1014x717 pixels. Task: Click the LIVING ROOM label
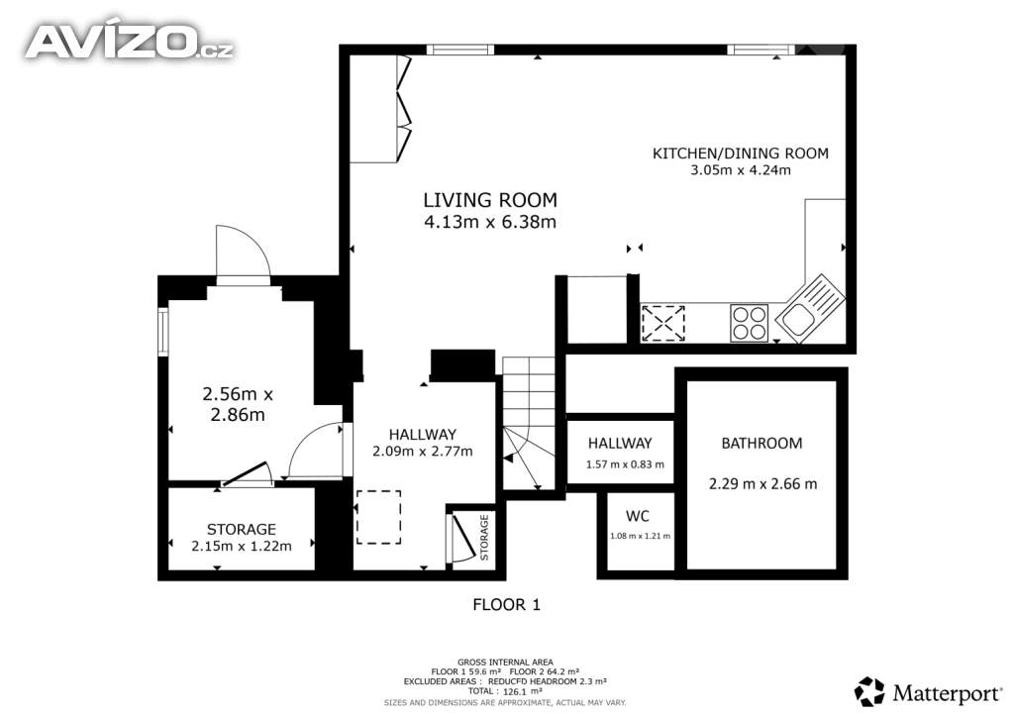point(489,200)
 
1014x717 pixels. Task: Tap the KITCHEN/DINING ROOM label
point(741,154)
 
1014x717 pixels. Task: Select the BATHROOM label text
point(761,444)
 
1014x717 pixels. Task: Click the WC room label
point(638,516)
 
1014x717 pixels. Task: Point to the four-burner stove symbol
point(749,323)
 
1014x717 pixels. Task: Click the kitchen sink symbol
point(810,306)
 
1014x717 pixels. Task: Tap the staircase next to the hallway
point(529,424)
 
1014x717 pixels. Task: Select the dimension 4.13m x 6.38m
point(489,223)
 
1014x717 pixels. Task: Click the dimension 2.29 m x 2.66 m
point(763,483)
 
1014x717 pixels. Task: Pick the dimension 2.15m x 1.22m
point(242,547)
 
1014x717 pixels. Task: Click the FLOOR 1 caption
point(506,605)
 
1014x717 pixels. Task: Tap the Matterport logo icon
point(869,692)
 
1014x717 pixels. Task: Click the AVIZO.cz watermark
point(130,42)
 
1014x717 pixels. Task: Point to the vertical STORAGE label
point(484,537)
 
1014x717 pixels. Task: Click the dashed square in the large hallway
point(379,517)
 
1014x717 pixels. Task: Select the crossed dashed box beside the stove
point(662,323)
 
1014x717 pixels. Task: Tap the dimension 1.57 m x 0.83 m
point(625,464)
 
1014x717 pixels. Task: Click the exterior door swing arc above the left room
point(244,250)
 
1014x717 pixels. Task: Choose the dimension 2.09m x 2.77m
point(422,452)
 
